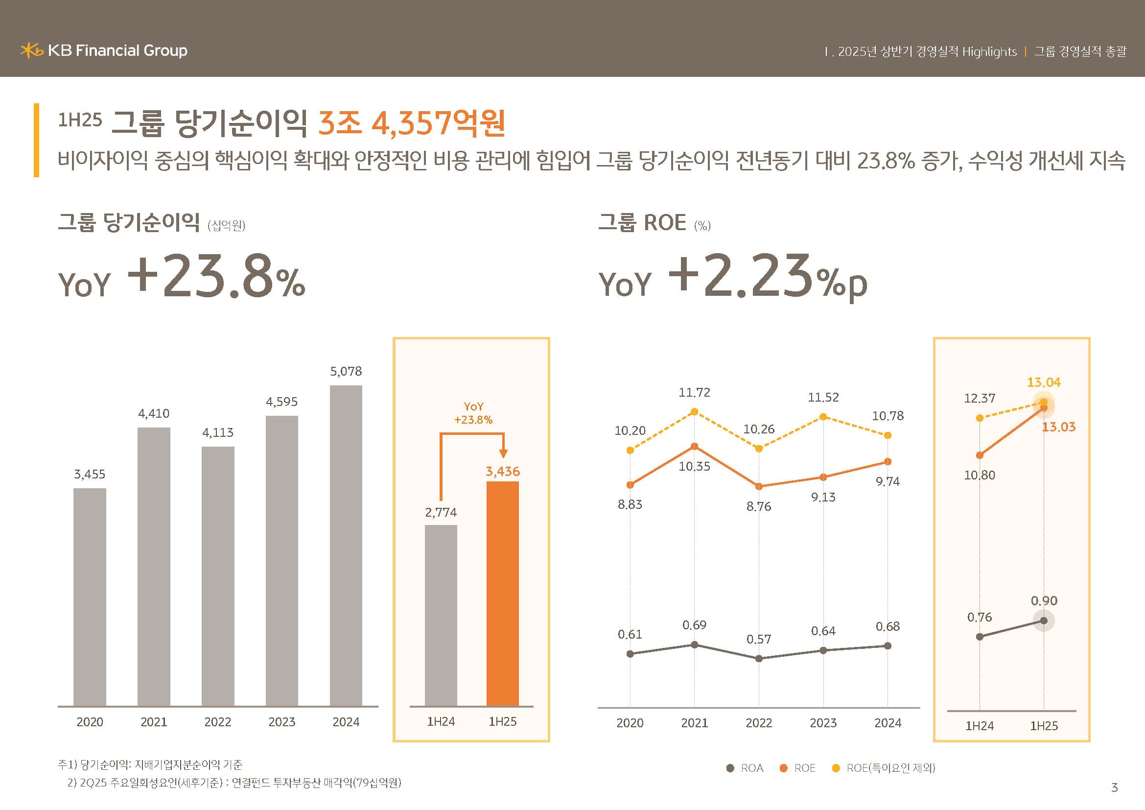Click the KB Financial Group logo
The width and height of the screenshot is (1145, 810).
coord(104,50)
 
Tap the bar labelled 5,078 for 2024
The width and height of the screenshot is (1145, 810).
coord(346,545)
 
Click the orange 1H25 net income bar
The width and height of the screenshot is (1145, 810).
coord(503,593)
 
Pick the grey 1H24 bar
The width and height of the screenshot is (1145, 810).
coord(441,615)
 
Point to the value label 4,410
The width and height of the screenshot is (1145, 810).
coord(154,413)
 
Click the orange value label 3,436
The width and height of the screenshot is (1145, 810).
coord(503,471)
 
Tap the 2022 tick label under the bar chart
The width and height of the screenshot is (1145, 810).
coord(218,722)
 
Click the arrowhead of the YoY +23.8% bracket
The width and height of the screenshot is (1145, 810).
coord(503,453)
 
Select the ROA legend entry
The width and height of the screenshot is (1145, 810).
coord(746,768)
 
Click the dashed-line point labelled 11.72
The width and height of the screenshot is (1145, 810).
coord(694,411)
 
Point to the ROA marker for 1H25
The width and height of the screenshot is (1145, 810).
coord(1044,621)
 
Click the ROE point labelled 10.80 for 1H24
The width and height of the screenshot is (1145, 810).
coord(980,455)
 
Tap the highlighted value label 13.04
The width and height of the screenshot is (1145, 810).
coord(1044,382)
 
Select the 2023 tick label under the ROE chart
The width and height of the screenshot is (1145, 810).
coord(823,723)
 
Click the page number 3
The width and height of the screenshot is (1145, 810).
coord(1115,787)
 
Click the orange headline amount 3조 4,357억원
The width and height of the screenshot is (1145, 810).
coord(412,123)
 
